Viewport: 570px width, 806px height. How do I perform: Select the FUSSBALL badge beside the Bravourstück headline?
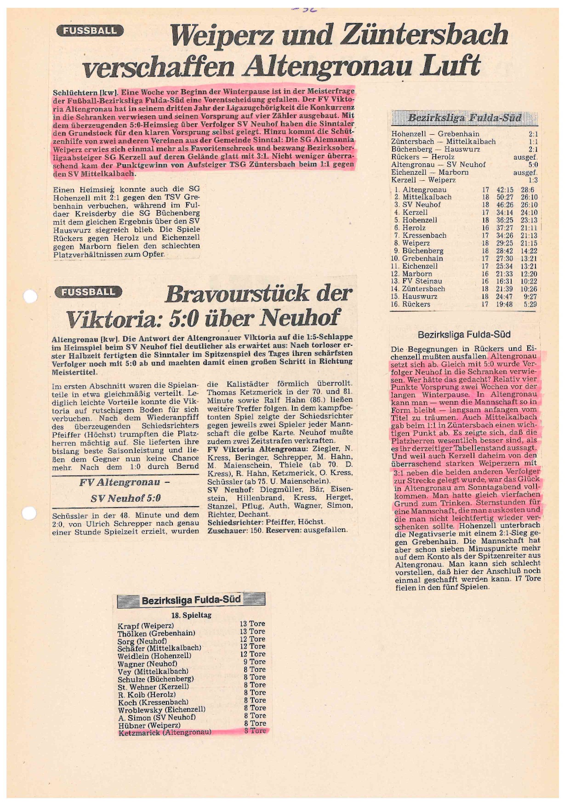88,292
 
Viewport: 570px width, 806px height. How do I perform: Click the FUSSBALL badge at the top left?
90,31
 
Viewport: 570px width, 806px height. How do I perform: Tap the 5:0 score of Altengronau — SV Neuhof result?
532,165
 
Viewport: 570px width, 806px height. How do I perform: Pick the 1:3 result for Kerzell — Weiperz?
532,180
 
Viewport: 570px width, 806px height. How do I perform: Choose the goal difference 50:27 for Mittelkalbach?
504,197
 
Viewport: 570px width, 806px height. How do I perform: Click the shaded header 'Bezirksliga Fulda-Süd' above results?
464,118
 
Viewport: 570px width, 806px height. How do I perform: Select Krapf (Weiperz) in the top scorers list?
146,626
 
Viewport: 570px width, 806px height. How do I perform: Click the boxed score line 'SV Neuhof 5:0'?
125,498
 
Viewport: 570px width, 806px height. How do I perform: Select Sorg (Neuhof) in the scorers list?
142,641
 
